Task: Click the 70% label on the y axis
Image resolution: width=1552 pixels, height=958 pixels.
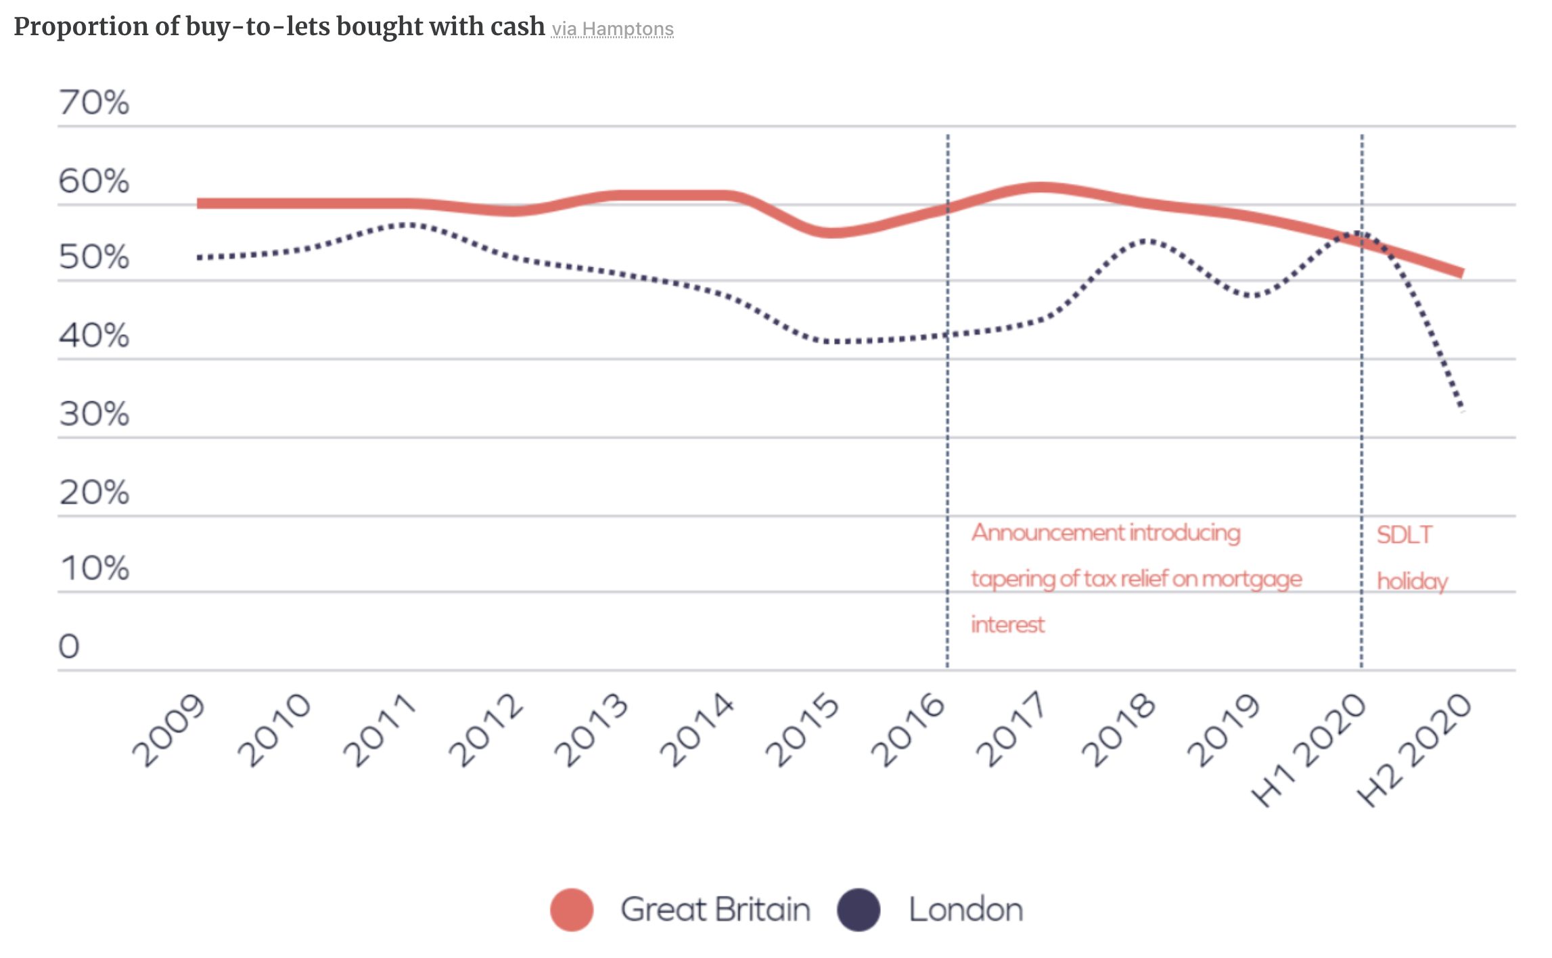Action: [x=93, y=103]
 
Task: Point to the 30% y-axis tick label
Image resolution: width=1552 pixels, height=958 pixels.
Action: [x=93, y=413]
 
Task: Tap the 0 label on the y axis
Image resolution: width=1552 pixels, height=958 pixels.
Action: [x=69, y=646]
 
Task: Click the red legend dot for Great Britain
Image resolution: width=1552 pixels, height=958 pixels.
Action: [x=572, y=909]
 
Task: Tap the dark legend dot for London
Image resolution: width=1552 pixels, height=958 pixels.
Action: [x=859, y=909]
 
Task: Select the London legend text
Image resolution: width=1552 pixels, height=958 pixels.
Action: [x=965, y=909]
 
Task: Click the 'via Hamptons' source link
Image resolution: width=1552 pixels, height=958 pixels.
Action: [x=612, y=30]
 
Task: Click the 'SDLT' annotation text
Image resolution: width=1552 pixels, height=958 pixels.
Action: [x=1405, y=535]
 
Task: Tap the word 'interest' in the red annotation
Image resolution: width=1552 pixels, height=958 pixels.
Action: [x=1007, y=624]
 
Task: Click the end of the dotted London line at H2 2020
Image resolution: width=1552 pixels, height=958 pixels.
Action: [x=1461, y=408]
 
